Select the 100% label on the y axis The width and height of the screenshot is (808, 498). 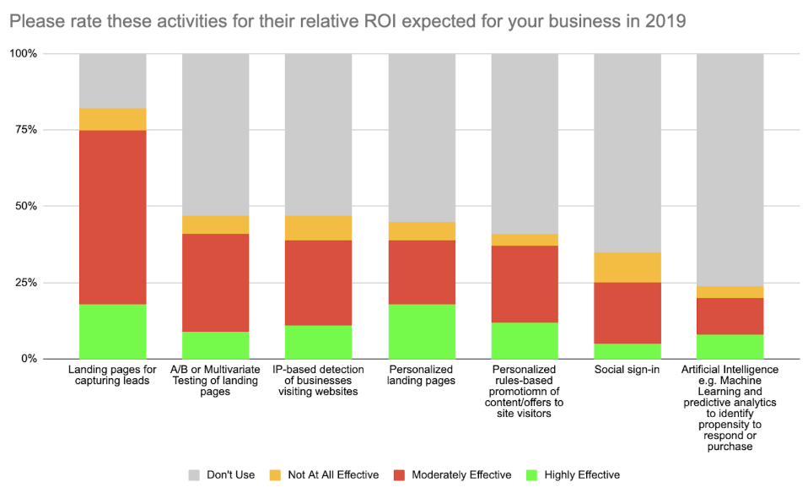tap(33, 54)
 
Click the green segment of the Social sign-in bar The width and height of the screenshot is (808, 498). tap(628, 350)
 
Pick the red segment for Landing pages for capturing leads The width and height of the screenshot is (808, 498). tap(113, 217)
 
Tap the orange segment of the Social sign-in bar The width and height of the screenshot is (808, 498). tap(628, 268)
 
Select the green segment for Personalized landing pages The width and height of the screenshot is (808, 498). tap(422, 331)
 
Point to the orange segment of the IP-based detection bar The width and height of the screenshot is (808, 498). tap(319, 228)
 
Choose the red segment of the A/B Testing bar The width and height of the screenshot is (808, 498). tap(216, 282)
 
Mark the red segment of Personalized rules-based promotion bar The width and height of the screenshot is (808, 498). tap(525, 284)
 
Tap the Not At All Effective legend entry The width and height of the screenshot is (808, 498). tap(324, 475)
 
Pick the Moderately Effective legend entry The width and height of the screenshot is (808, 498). tap(452, 475)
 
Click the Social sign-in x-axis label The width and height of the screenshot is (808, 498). tap(628, 370)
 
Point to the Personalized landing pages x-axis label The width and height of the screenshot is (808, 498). tap(422, 375)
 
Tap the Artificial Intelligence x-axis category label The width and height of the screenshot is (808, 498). tap(730, 408)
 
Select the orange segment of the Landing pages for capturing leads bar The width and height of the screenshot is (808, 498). tap(113, 119)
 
